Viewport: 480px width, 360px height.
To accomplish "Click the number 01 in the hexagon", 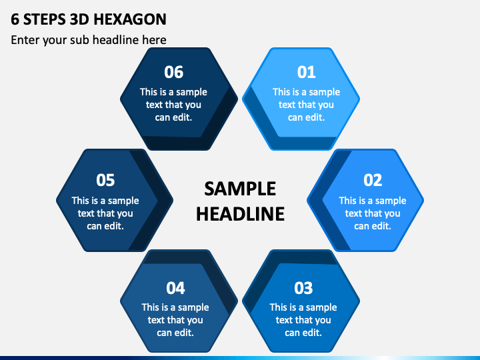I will pyautogui.click(x=306, y=72).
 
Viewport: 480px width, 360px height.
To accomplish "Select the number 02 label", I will pyautogui.click(x=372, y=180).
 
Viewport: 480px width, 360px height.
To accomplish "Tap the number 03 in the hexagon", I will pyautogui.click(x=303, y=288).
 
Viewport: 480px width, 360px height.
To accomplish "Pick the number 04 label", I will pyautogui.click(x=175, y=288).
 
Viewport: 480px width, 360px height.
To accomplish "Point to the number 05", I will pyautogui.click(x=105, y=180).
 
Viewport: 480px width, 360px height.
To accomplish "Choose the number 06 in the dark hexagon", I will pyautogui.click(x=173, y=72).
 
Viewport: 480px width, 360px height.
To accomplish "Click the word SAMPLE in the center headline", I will pyautogui.click(x=240, y=189).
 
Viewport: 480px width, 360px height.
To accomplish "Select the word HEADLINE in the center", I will pyautogui.click(x=240, y=213).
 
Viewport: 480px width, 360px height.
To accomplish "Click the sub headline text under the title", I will pyautogui.click(x=89, y=40).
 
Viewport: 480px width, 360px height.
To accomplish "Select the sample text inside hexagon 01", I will pyautogui.click(x=306, y=105).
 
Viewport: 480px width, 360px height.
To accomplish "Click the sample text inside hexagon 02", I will pyautogui.click(x=372, y=213).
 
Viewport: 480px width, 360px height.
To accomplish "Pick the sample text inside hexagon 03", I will pyautogui.click(x=303, y=320).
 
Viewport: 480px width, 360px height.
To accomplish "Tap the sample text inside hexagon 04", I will pyautogui.click(x=175, y=320).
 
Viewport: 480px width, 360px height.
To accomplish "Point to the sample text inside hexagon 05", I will pyautogui.click(x=105, y=213).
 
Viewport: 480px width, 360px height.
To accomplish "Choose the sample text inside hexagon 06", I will pyautogui.click(x=173, y=105).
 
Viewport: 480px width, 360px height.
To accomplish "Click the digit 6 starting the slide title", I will pyautogui.click(x=15, y=19).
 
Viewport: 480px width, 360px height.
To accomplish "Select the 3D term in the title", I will pyautogui.click(x=82, y=19).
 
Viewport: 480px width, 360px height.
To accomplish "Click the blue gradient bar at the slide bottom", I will pyautogui.click(x=240, y=357).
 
